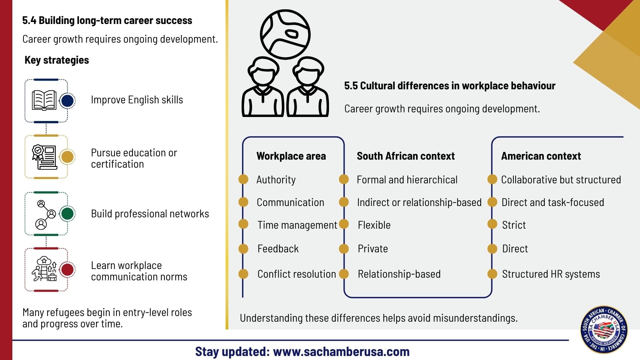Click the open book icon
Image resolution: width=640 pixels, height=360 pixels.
click(44, 100)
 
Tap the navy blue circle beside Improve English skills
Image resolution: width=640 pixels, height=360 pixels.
click(67, 101)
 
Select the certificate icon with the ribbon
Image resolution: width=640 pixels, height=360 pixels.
click(44, 157)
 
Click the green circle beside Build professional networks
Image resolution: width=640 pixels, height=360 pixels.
click(67, 213)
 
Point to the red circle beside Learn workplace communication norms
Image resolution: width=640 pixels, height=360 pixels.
click(67, 270)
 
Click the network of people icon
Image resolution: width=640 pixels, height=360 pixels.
click(45, 214)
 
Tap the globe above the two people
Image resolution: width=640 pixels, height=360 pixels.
click(285, 34)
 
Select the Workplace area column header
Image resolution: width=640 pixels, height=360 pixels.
click(291, 156)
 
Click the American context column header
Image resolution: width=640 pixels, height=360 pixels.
click(541, 156)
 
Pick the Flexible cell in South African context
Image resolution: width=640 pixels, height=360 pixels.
click(374, 225)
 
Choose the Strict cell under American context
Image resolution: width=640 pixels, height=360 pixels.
click(514, 225)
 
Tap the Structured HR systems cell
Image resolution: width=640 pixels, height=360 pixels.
click(551, 274)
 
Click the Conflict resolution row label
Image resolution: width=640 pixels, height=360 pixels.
click(296, 274)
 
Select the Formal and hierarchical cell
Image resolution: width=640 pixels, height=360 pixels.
click(407, 180)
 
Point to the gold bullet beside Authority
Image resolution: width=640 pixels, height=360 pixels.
click(243, 179)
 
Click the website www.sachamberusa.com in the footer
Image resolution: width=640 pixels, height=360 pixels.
click(341, 351)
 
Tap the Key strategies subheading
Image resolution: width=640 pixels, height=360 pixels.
click(57, 60)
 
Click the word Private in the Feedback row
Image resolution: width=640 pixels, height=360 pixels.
click(373, 249)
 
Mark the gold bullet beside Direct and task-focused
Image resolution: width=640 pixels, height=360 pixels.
click(492, 202)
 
